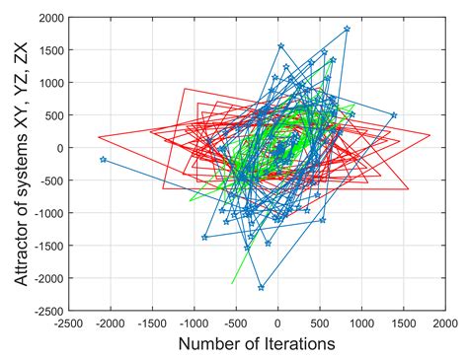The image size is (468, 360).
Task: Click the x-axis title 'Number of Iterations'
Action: coord(257,344)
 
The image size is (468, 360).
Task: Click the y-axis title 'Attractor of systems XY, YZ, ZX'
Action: coord(22,164)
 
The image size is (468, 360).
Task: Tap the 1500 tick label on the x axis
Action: coord(404,324)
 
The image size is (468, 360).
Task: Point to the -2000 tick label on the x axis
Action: coord(111,324)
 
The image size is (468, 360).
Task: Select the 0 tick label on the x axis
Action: coord(278,324)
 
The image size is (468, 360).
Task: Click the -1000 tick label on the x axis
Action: coord(195,324)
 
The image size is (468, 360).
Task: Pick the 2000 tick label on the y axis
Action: coord(51,18)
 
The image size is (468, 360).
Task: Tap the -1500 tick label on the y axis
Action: coord(49,246)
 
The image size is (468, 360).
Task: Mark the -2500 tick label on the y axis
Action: coord(49,311)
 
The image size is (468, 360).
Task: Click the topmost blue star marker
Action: coord(347,29)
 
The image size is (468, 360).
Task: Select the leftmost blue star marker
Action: coord(104,160)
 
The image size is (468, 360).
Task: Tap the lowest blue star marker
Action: coord(261,288)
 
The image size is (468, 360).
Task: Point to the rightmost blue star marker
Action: coord(394,115)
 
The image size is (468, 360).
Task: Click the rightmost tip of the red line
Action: coord(430,135)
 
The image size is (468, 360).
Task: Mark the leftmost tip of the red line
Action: coord(98,137)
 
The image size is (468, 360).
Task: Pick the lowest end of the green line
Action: coord(232,283)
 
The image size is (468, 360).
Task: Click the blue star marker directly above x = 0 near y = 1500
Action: coord(280,45)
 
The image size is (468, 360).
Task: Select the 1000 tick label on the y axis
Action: coord(51,83)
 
